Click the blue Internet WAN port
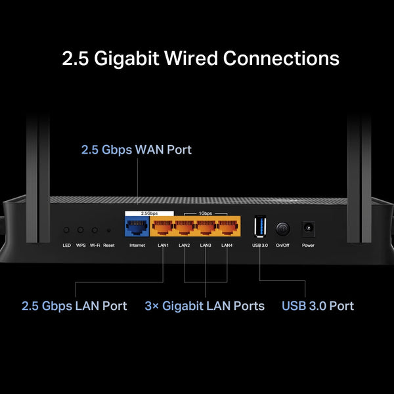click(x=137, y=227)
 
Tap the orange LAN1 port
click(x=163, y=227)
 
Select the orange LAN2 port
click(x=185, y=227)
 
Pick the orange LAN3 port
click(x=206, y=227)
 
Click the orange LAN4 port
click(x=227, y=227)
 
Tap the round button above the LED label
click(x=66, y=230)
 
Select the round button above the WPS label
click(x=81, y=230)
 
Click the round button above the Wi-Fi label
click(x=95, y=230)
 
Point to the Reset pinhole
click(x=108, y=231)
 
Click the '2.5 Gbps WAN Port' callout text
click(x=137, y=150)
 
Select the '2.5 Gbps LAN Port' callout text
click(x=74, y=306)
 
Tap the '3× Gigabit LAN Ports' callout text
click(x=204, y=306)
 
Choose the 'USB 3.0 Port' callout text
click(x=317, y=306)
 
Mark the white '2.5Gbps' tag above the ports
click(x=149, y=213)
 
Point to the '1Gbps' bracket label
click(x=206, y=213)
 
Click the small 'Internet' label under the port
click(x=137, y=246)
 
